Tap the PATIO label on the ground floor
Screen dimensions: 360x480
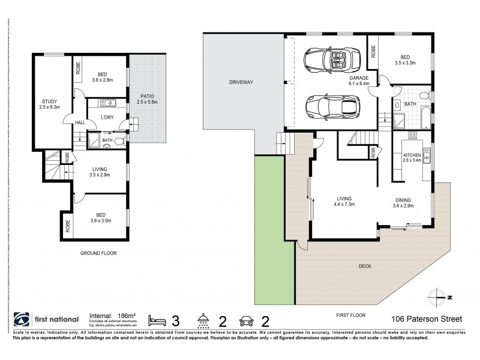pyautogui.click(x=148, y=95)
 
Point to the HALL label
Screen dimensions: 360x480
pyautogui.click(x=80, y=122)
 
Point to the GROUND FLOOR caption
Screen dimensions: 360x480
pyautogui.click(x=98, y=253)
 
